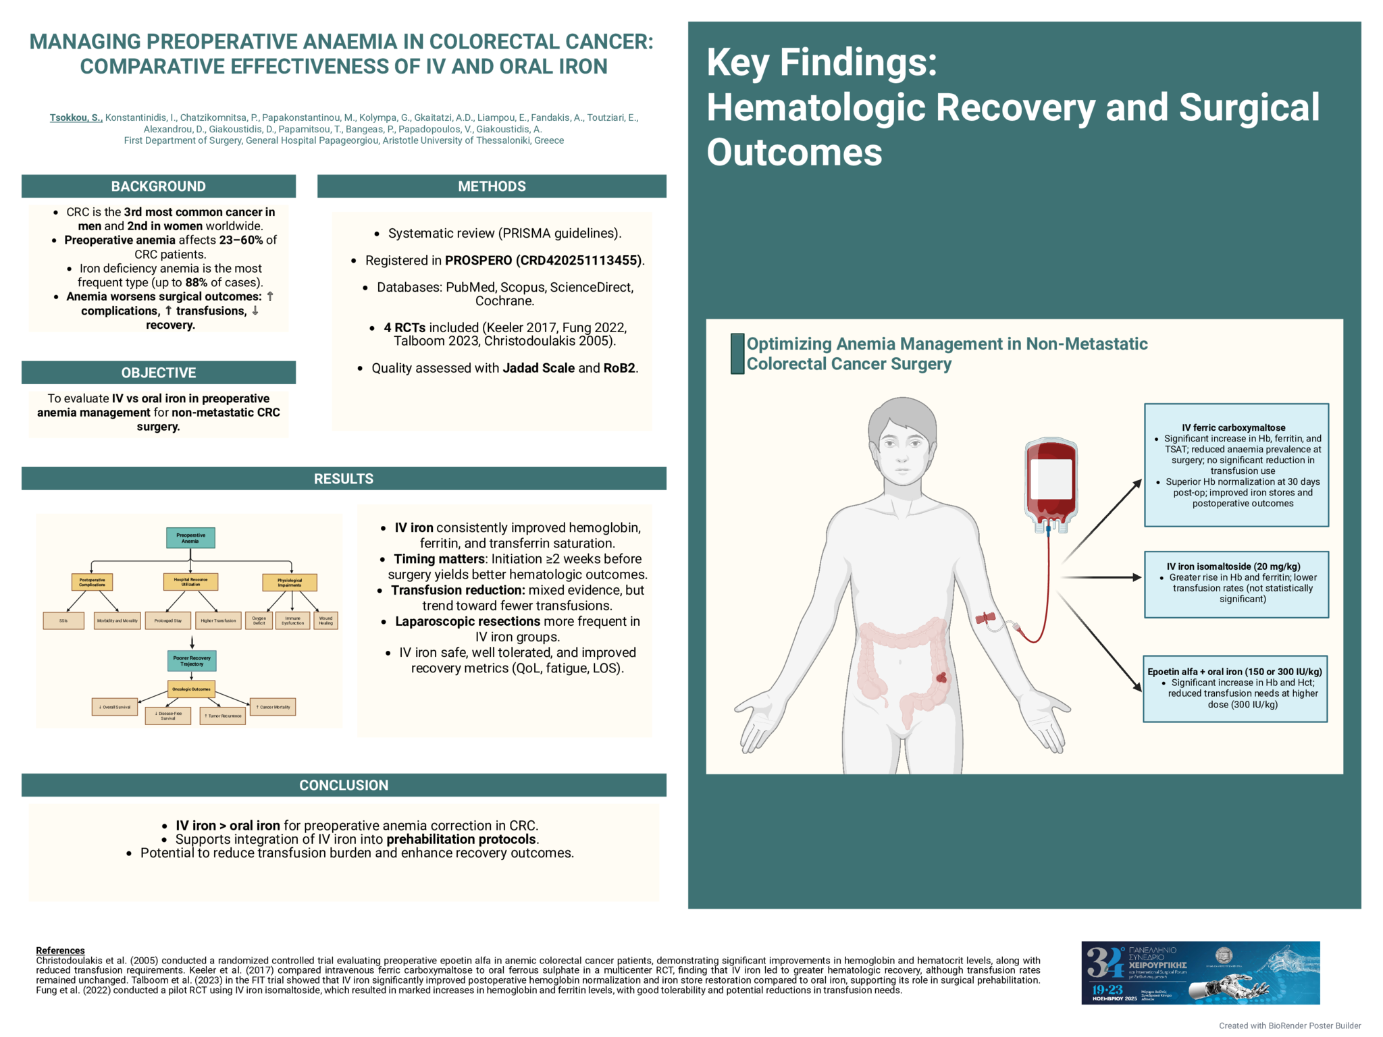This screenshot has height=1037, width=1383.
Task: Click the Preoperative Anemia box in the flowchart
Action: [190, 537]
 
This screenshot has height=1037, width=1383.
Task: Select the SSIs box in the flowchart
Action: [63, 620]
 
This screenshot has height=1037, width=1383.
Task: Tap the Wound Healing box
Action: [325, 620]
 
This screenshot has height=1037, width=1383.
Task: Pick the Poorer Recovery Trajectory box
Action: [192, 660]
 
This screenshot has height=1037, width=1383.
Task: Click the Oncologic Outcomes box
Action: [191, 689]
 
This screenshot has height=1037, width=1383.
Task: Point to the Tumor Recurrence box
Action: [223, 716]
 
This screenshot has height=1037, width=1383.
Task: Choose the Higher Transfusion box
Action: [218, 620]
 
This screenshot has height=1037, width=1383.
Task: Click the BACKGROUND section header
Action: [158, 186]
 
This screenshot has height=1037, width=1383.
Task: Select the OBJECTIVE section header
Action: [158, 373]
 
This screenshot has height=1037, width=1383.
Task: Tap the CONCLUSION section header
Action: [344, 785]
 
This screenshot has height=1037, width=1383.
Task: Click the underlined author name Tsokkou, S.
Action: [76, 117]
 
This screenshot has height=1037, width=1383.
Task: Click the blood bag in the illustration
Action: [1051, 483]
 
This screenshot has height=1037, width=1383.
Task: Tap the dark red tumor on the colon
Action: [941, 677]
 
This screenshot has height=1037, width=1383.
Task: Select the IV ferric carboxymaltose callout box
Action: [1236, 465]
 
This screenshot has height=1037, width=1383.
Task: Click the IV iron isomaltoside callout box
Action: [1236, 584]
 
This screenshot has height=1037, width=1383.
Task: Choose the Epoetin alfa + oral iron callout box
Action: [1234, 688]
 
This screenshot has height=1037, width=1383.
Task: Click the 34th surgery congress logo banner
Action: [1200, 972]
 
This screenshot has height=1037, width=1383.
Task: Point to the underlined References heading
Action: [60, 951]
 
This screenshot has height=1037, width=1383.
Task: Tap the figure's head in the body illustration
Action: [902, 439]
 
